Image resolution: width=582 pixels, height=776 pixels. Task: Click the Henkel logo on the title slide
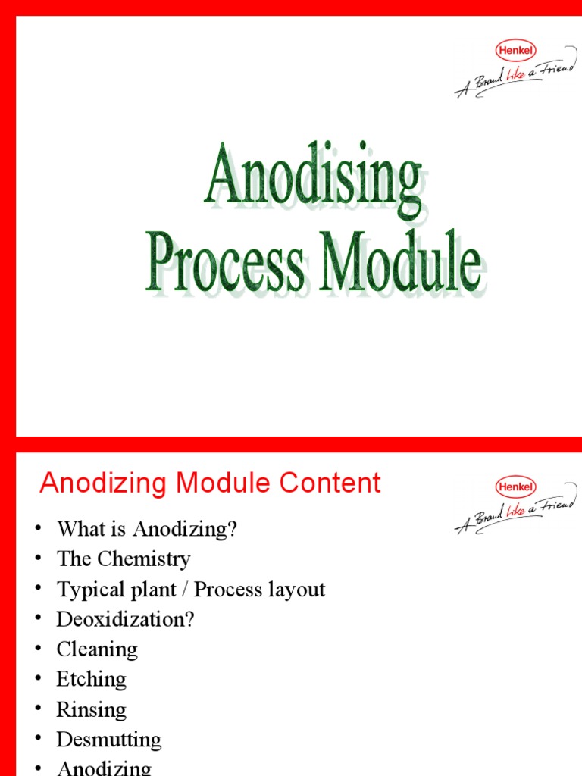(x=515, y=51)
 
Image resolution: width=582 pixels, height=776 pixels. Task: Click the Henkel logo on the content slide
(x=515, y=487)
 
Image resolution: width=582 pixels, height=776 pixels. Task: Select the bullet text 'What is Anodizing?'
(x=147, y=529)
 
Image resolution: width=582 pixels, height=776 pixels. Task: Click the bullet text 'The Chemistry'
(x=124, y=559)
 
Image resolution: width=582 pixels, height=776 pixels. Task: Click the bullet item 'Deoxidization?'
(x=125, y=619)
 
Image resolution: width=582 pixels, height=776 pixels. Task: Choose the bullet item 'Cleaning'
(x=97, y=649)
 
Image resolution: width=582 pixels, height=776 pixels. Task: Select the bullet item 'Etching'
(x=91, y=680)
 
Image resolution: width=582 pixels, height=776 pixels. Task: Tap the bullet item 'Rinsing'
(x=91, y=710)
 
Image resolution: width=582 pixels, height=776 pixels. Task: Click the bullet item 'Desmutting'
(x=108, y=740)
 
